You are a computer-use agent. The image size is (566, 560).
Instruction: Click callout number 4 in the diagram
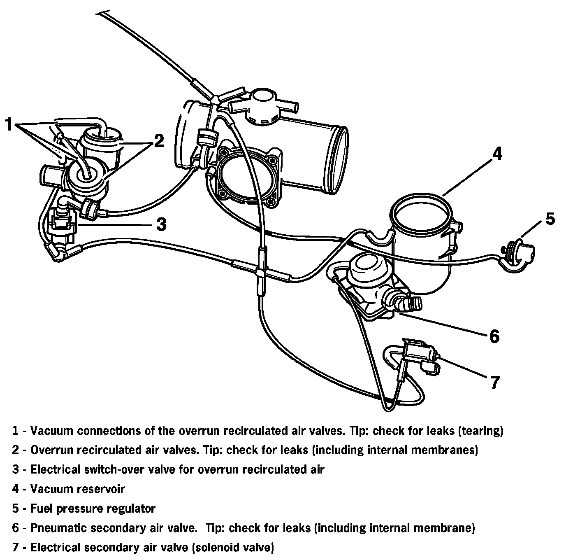pos(497,154)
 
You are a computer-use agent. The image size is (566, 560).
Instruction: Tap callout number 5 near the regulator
pos(550,219)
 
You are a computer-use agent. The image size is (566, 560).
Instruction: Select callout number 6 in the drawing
pos(494,336)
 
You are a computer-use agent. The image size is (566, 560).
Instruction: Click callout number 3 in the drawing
pos(161,224)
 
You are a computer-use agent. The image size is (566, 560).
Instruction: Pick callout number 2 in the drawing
pos(159,141)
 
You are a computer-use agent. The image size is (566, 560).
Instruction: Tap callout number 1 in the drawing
pos(9,124)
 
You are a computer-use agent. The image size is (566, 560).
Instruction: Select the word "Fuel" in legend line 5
pos(42,508)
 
